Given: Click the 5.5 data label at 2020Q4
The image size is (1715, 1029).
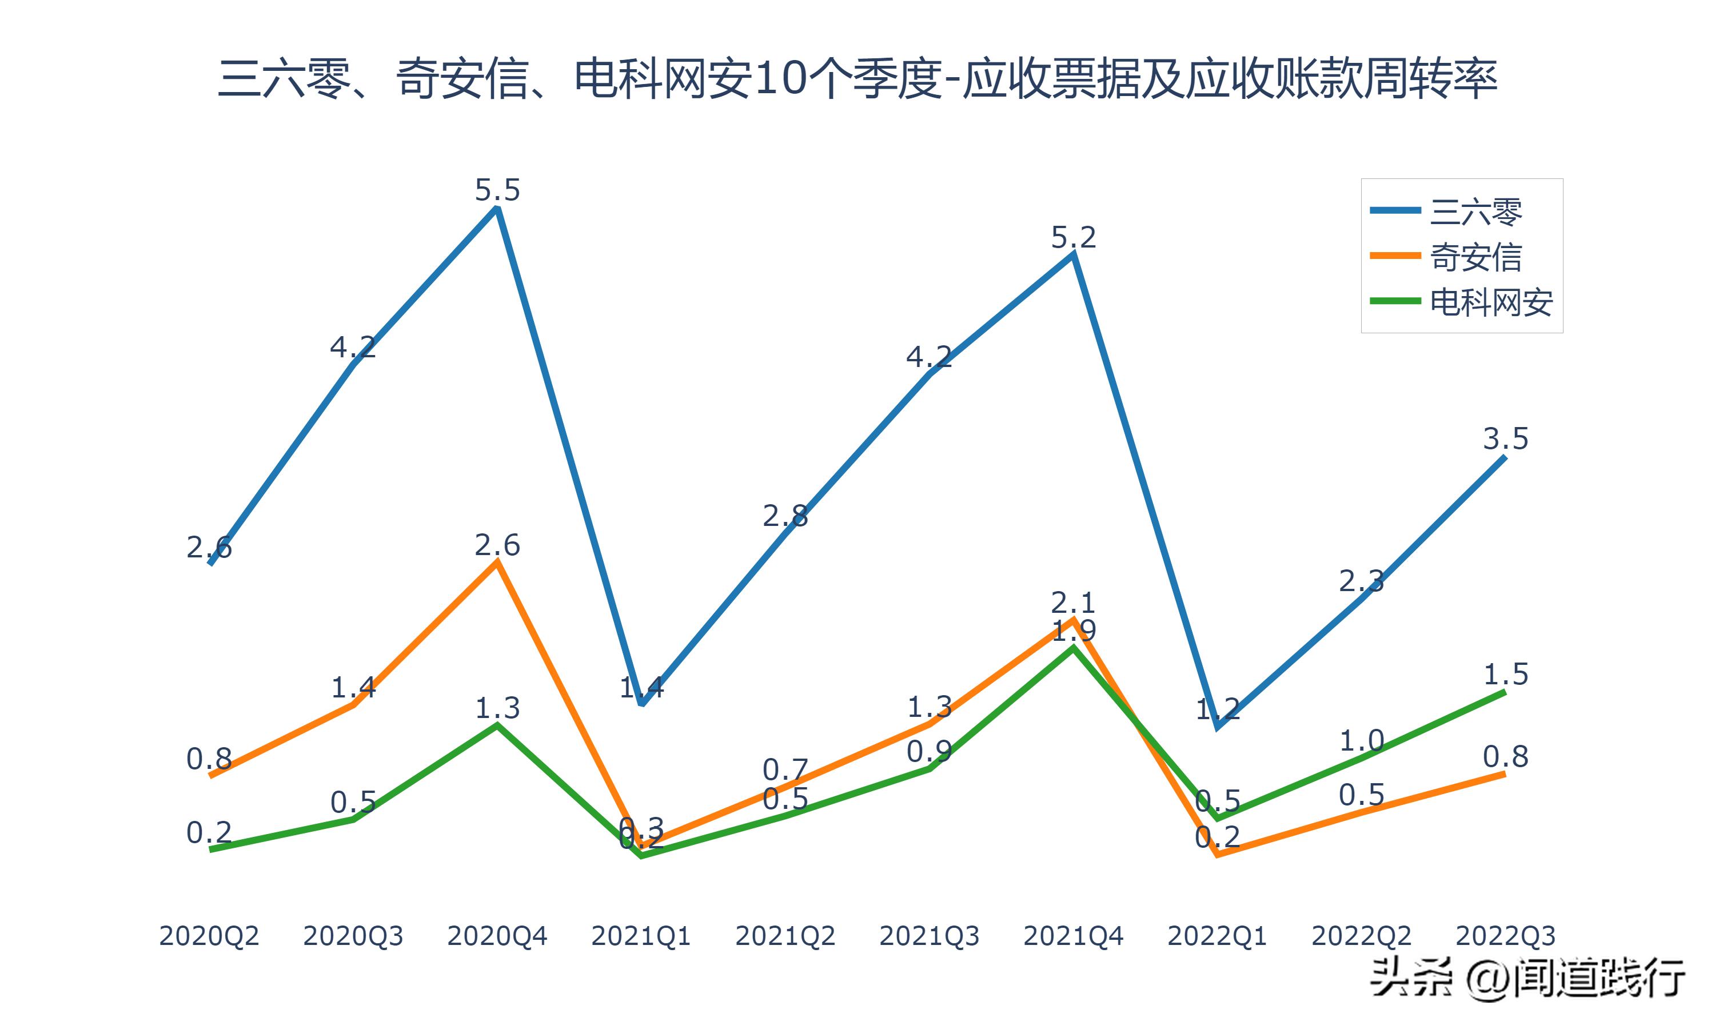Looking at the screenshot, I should pyautogui.click(x=497, y=190).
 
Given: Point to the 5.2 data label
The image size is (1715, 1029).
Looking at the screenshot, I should pyautogui.click(x=1073, y=238).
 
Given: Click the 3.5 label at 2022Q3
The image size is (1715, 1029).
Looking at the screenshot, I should pyautogui.click(x=1505, y=439).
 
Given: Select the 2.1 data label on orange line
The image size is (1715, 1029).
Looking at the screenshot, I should pyautogui.click(x=1073, y=602).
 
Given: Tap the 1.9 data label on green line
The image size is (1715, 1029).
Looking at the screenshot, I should pyautogui.click(x=1074, y=631).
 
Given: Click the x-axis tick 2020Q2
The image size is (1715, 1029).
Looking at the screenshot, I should pyautogui.click(x=209, y=936).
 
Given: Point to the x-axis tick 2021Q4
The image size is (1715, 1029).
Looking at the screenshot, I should pyautogui.click(x=1073, y=936).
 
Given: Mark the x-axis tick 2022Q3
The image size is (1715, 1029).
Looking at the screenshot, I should pyautogui.click(x=1505, y=936).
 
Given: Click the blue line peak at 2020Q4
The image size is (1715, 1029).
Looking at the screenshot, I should pyautogui.click(x=497, y=208).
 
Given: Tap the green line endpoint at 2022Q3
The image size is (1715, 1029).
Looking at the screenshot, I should pyautogui.click(x=1504, y=692).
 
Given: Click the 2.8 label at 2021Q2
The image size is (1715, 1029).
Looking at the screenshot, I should pyautogui.click(x=785, y=516).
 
